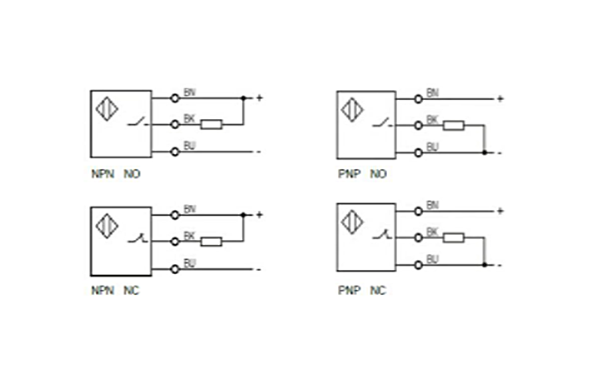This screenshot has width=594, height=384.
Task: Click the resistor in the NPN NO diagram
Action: [212, 125]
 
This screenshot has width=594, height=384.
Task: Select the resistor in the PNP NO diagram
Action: [454, 126]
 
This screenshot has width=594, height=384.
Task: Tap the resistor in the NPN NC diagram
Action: [212, 242]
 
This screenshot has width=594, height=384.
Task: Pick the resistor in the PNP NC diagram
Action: [454, 238]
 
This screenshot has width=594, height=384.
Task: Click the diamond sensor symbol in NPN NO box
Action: [107, 110]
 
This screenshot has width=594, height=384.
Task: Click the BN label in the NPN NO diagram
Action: [189, 92]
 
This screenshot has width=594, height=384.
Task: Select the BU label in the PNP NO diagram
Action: [432, 147]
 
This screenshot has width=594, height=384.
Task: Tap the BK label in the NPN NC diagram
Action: [189, 237]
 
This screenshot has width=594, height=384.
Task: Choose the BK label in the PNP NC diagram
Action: [432, 232]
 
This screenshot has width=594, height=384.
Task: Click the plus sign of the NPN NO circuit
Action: [259, 98]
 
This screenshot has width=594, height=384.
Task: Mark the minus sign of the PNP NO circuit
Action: [500, 153]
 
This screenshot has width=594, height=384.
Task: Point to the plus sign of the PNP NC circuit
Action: [500, 212]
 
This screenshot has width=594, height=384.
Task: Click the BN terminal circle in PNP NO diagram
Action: [417, 99]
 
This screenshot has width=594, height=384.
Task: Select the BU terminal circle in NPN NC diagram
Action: [174, 268]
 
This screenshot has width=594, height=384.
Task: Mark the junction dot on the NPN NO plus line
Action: [243, 98]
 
